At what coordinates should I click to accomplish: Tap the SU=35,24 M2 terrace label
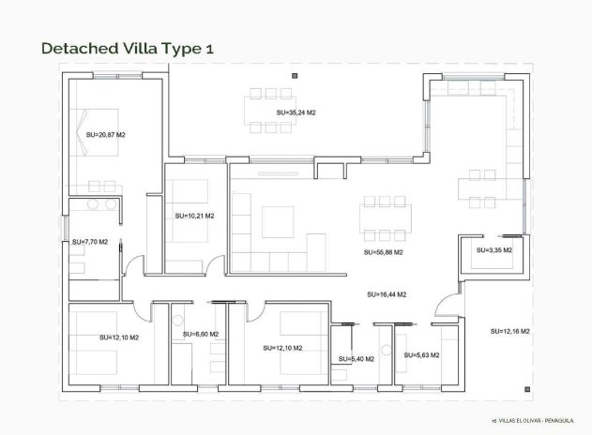pos(296,112)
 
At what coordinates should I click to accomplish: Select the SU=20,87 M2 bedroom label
pos(106,135)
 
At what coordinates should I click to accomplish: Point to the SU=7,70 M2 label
pos(90,242)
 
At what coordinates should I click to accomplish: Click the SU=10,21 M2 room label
pos(194,216)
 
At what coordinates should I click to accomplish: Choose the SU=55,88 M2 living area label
pos(384,252)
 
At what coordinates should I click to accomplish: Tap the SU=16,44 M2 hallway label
pos(387,294)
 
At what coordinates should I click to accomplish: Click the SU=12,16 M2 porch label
pos(510,331)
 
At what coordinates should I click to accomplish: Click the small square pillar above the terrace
pos(294,75)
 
